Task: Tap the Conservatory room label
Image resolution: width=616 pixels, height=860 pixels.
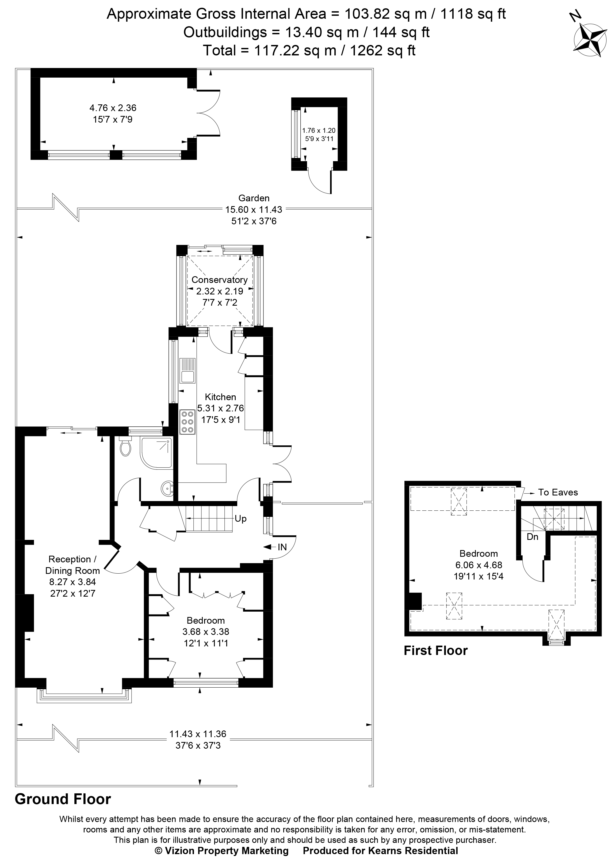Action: [219, 280]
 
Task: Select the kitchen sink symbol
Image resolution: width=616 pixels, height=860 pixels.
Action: [188, 371]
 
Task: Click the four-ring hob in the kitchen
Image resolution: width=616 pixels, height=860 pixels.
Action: [187, 421]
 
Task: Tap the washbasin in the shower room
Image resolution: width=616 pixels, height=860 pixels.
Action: [167, 489]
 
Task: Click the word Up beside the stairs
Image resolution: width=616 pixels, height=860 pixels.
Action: [240, 519]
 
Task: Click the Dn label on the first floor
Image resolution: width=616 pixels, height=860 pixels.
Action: [532, 537]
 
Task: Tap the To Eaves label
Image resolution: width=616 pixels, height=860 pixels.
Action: [558, 492]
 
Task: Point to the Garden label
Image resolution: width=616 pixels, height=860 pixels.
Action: [254, 198]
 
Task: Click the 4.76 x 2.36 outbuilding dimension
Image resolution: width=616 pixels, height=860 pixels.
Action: [113, 108]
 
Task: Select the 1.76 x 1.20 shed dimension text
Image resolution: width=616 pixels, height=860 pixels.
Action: [319, 130]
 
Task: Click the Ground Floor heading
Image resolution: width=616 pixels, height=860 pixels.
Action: [63, 799]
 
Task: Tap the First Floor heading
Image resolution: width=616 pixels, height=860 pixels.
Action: [436, 650]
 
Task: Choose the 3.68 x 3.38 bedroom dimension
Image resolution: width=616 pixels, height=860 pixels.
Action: [206, 632]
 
